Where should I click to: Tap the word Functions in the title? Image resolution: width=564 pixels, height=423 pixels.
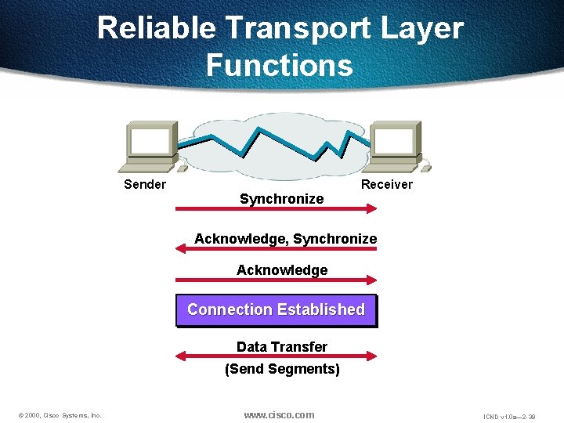[x=280, y=65]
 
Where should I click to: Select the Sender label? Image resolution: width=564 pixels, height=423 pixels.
[x=145, y=185]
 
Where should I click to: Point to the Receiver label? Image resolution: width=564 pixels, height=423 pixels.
[x=386, y=185]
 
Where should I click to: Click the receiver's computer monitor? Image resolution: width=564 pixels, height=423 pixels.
[x=395, y=143]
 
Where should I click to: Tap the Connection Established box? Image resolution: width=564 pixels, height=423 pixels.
[x=276, y=310]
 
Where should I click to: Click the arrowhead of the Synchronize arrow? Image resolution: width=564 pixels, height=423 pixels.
[x=371, y=209]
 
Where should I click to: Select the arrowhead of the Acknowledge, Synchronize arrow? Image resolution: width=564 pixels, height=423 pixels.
[x=181, y=248]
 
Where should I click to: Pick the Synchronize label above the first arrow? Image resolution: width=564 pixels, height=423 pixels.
[x=281, y=199]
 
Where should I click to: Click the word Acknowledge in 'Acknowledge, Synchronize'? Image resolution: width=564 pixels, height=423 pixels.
[x=240, y=239]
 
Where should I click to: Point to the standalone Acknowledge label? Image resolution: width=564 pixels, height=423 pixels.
[x=282, y=270]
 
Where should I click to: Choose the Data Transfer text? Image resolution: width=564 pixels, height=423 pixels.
[x=282, y=347]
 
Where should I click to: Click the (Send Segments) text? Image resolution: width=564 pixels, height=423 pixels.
[x=282, y=369]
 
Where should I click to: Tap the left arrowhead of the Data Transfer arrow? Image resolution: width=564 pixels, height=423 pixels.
[x=181, y=356]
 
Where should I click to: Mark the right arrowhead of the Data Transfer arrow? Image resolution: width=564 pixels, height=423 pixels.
[x=371, y=356]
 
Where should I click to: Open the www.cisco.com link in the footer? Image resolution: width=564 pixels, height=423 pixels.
[x=279, y=414]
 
